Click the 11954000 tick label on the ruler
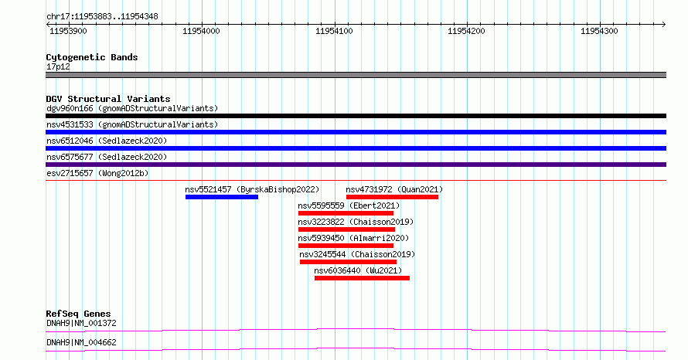point(202,31)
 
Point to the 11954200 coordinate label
point(466,31)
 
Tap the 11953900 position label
point(69,31)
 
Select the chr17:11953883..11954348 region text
point(102,17)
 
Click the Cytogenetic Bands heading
point(92,57)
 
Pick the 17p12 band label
point(58,67)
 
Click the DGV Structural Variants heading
point(108,99)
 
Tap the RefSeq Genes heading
point(79,314)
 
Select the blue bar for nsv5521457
point(222,197)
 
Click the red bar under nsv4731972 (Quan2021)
point(392,197)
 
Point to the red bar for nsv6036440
point(362,278)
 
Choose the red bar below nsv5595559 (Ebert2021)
point(346,213)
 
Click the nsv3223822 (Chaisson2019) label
point(356,222)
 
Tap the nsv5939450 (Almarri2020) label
point(353,239)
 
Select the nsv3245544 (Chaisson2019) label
point(357,255)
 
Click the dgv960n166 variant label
point(70,109)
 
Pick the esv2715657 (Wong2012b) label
point(97,174)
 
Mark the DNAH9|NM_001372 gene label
point(82,324)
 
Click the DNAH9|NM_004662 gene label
point(82,343)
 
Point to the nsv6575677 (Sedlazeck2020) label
point(107,158)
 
